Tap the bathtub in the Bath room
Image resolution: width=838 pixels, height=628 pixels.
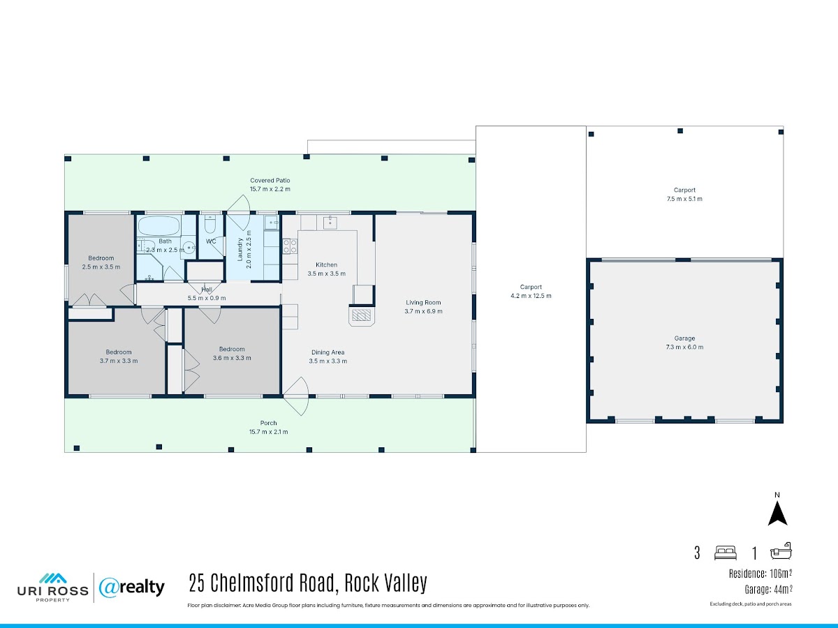159,225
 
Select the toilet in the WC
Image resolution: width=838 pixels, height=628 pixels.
210,224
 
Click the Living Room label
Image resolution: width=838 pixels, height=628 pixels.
423,302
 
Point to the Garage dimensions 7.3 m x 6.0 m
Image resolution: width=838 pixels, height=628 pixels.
684,347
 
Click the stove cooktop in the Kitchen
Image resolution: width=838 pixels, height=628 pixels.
290,246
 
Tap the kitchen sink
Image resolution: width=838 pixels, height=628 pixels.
330,223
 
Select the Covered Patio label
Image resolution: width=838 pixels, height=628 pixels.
270,180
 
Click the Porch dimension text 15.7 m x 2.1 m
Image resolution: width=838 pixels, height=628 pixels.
268,432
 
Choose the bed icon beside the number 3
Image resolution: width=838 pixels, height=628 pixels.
726,553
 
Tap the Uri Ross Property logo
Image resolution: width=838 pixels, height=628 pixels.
52,588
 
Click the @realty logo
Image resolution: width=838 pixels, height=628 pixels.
132,588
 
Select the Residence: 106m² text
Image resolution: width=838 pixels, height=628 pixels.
760,574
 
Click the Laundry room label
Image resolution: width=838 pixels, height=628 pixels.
240,249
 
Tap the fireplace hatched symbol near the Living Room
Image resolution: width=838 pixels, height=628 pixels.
362,315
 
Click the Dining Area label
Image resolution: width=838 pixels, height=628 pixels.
328,352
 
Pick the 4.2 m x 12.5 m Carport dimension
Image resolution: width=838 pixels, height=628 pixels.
531,295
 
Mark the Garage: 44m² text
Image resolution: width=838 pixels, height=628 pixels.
768,590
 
